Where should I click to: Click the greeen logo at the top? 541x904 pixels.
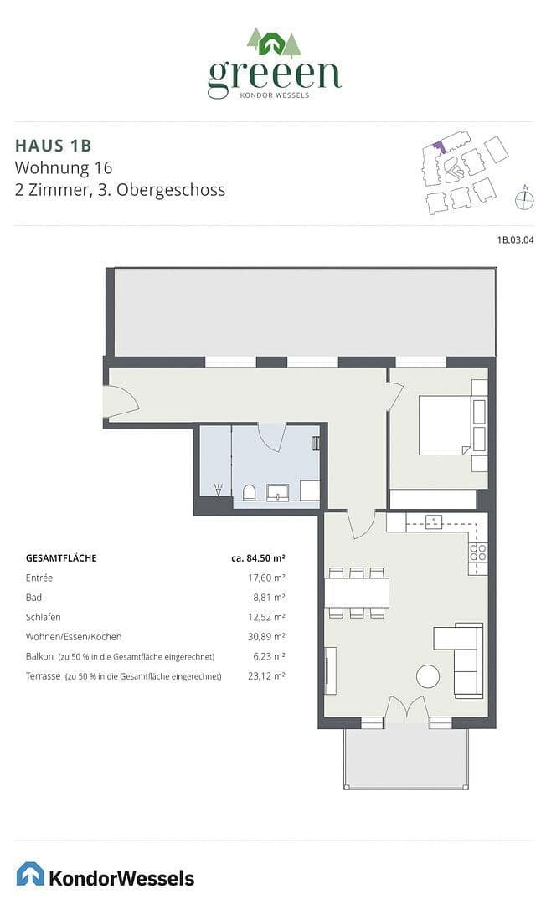275,64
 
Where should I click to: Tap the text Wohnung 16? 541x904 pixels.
64,167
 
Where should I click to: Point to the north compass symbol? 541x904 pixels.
525,199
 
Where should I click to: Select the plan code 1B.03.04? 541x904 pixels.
515,240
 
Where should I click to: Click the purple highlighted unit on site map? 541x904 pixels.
437,146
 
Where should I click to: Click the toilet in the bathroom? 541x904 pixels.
248,491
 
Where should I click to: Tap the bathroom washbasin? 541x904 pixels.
278,491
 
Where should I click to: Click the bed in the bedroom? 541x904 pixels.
445,424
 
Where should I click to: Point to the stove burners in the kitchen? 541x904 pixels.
477,552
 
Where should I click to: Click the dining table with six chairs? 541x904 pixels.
357,593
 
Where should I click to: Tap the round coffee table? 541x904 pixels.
429,675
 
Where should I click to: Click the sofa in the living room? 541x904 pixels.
466,660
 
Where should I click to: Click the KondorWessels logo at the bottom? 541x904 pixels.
106,876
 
